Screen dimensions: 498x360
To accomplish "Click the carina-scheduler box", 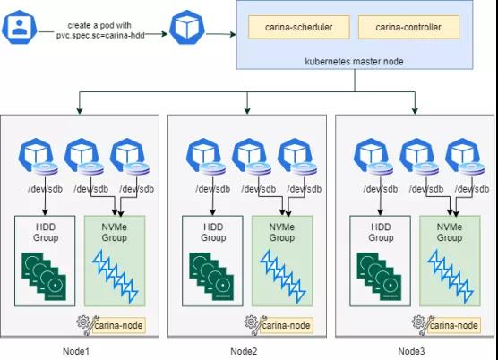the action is (299, 27).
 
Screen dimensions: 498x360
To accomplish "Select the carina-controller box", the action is (408, 27).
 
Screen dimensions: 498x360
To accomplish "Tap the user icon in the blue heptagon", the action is (20, 27).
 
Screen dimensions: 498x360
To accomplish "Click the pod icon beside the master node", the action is (187, 27).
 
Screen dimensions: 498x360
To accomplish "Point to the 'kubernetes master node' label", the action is (354, 61).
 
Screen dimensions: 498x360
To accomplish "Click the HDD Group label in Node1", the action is (46, 232).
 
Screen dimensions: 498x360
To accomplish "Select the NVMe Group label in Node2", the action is (282, 232).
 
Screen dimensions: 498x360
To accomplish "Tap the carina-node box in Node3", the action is (454, 325).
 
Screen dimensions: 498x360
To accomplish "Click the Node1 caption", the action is (76, 351).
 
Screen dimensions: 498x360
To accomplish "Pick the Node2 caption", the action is (244, 351).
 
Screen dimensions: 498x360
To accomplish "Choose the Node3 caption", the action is (411, 351).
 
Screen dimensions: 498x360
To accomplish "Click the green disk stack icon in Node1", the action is (44, 276).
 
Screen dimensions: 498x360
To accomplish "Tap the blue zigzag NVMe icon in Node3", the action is (451, 276).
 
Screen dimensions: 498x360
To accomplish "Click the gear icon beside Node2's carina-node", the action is (251, 321).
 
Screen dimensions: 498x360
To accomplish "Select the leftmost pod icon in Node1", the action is (36, 156).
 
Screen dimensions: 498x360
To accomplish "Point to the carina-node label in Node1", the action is (118, 325).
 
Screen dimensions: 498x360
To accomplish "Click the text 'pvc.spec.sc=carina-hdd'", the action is (100, 35).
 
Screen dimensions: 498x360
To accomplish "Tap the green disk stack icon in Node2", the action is (211, 276).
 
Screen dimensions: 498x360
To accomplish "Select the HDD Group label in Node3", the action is (381, 232).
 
